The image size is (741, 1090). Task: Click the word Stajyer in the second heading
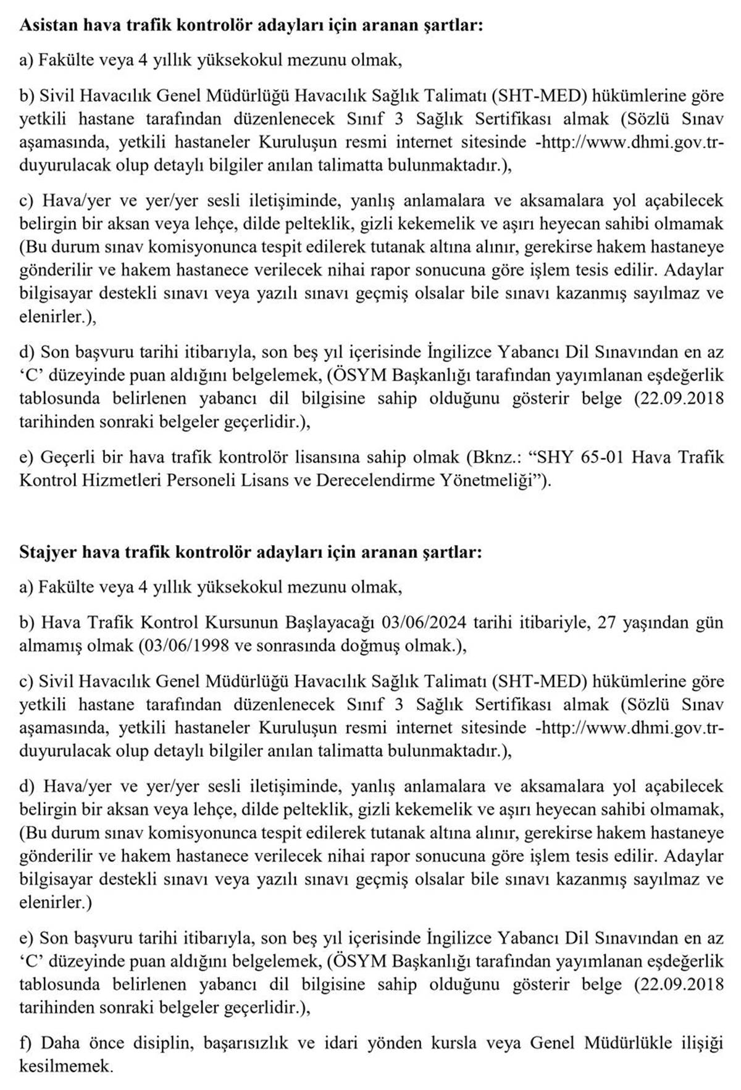point(46,551)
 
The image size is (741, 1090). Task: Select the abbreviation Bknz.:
point(496,457)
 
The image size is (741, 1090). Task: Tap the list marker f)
point(26,1043)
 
